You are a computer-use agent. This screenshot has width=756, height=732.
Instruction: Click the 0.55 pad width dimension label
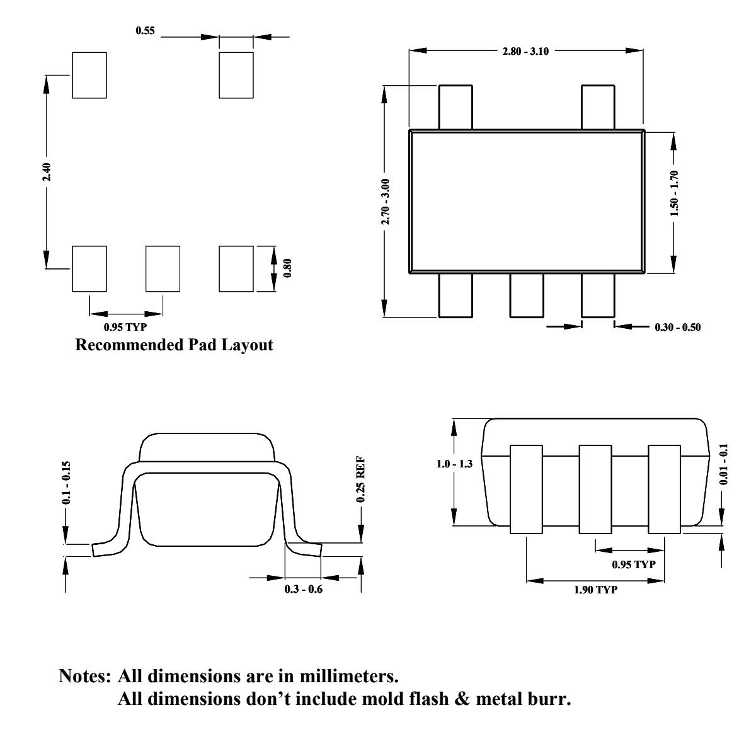145,30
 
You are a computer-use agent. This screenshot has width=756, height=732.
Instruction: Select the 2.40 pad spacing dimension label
47,172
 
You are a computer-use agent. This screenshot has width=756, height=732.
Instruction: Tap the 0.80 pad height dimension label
287,268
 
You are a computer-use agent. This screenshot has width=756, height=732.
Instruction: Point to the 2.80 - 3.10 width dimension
525,51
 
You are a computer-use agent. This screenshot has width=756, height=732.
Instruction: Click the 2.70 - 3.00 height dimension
385,201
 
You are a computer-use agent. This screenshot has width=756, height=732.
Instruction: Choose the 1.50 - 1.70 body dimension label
674,193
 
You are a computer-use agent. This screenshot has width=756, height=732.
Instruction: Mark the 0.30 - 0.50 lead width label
677,327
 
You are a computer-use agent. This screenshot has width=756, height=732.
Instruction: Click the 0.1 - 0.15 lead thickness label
66,483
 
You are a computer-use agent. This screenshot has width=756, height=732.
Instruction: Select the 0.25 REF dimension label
360,480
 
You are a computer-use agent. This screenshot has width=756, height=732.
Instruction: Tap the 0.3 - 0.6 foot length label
304,590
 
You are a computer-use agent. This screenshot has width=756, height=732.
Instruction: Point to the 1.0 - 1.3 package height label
454,464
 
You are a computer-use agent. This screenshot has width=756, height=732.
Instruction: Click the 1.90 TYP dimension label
595,590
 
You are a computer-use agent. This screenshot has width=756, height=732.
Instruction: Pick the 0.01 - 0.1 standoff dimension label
723,464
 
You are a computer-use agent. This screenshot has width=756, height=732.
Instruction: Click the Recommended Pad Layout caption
174,345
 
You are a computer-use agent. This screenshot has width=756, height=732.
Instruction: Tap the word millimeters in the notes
348,677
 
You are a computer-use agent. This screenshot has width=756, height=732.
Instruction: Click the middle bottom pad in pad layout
163,268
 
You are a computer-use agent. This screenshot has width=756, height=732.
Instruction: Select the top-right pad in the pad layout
236,75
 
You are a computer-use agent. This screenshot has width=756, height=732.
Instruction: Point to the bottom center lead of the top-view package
527,295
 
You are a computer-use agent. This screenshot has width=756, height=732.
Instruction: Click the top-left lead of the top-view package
455,107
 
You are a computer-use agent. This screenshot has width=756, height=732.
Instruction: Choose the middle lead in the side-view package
595,489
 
